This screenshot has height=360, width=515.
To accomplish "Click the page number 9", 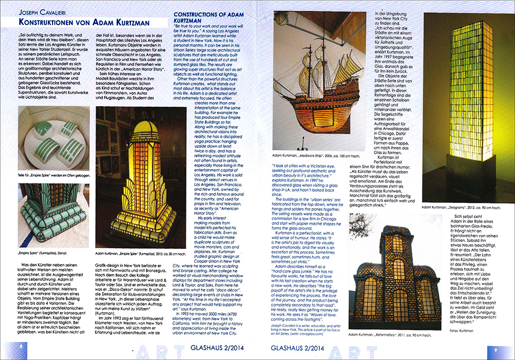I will pos(495,350).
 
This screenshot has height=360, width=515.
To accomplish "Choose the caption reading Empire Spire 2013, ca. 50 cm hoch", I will pos(135,253).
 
